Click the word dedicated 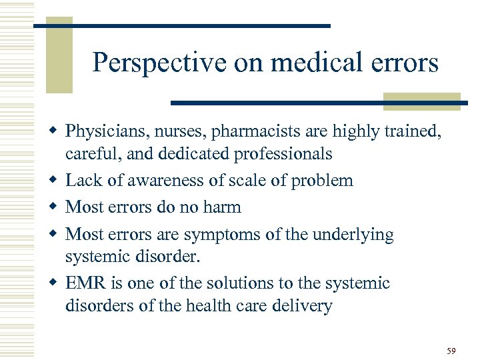[193, 154]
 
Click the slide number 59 [451, 351]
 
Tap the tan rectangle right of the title [423, 101]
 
